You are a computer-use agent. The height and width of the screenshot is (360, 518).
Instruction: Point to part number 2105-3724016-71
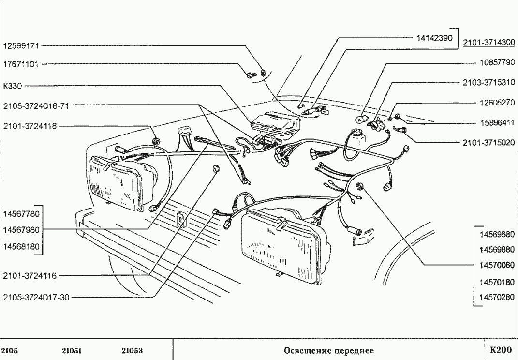pos(36,105)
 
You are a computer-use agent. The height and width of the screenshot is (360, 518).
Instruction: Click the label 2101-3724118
pos(30,126)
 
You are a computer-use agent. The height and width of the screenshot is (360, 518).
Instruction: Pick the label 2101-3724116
pos(30,276)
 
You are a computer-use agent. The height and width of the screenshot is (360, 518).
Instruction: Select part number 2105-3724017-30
pos(36,297)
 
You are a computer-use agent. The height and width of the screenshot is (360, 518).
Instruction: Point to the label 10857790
pos(497,62)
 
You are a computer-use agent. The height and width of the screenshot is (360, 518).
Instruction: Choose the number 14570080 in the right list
pos(497,265)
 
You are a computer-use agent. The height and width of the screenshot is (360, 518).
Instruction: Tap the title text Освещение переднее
pos(329,350)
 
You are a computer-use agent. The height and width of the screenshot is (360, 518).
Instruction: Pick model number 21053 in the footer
pos(132,350)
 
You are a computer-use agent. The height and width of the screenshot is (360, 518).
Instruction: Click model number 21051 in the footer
pos(72,350)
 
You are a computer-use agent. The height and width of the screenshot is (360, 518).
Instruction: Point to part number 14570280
pos(497,297)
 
